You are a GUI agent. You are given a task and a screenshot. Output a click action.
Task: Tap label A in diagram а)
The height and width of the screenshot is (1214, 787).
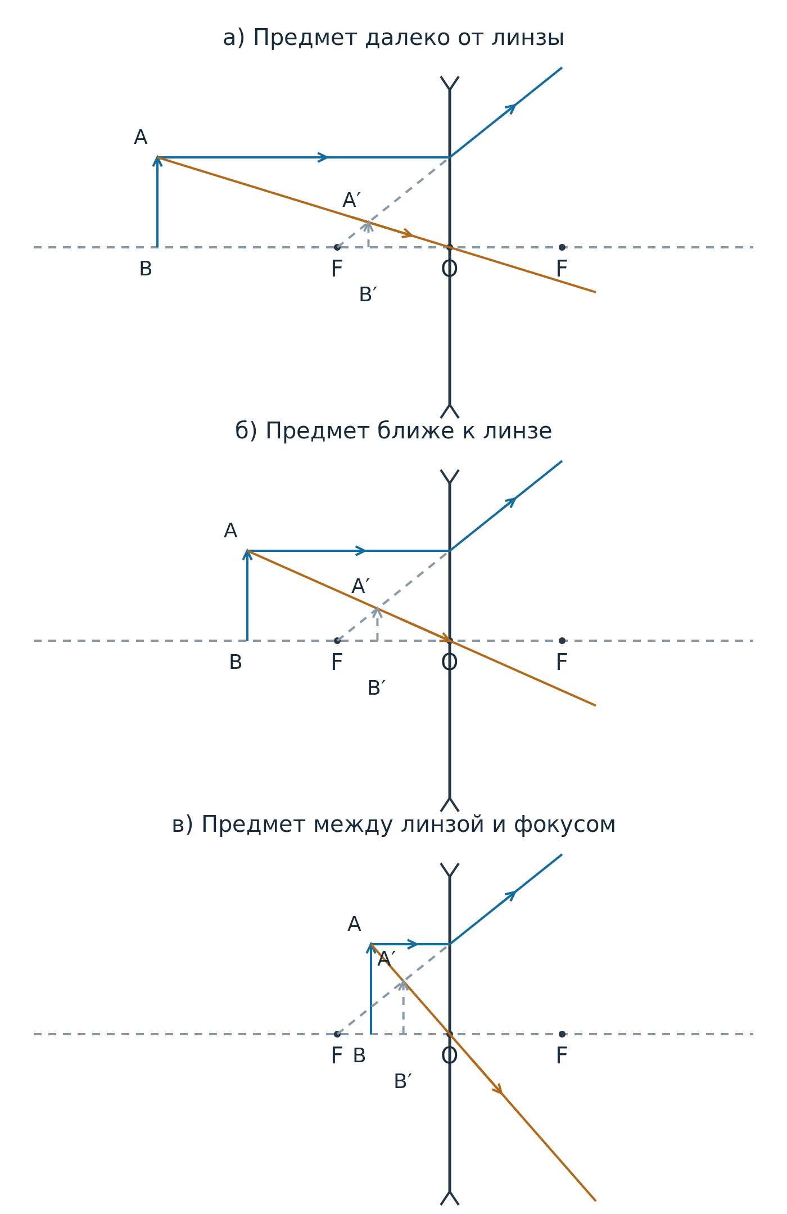(x=141, y=138)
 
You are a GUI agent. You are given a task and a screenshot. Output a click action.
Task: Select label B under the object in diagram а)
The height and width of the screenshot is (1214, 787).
(x=146, y=269)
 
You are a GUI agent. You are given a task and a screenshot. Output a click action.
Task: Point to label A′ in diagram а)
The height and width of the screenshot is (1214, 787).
(x=352, y=201)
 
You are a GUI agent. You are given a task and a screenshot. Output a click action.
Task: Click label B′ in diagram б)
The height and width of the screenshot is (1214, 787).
(x=376, y=688)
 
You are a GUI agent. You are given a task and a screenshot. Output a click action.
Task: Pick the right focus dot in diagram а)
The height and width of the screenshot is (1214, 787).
(x=562, y=247)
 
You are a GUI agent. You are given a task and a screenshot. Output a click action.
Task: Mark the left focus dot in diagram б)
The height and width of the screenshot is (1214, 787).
(x=337, y=641)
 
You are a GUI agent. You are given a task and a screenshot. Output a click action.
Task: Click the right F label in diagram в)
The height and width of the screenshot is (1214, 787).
(x=562, y=1056)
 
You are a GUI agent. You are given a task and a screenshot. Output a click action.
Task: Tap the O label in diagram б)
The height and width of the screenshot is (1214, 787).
(x=450, y=663)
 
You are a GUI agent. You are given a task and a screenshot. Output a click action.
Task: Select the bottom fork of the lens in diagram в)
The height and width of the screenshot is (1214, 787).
(x=450, y=1198)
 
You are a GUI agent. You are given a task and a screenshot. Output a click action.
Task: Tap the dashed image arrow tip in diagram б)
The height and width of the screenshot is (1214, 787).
(x=378, y=608)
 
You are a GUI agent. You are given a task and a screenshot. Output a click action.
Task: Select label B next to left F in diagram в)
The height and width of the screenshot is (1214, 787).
(x=359, y=1056)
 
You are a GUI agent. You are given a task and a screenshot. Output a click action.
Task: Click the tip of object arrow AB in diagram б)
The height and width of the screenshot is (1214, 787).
(x=247, y=551)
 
